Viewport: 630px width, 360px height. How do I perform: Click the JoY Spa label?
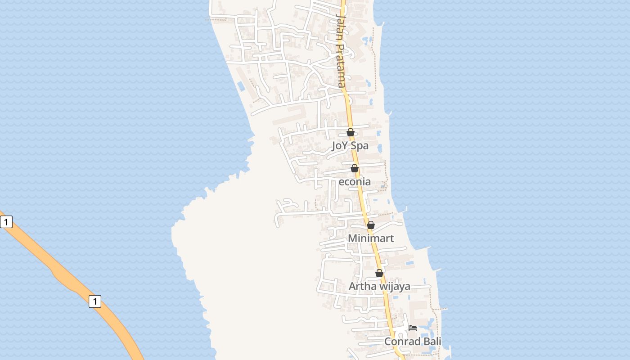[350, 145]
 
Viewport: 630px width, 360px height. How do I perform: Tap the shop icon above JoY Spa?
[351, 132]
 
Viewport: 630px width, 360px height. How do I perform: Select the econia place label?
[355, 181]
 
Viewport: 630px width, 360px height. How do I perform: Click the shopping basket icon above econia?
[355, 168]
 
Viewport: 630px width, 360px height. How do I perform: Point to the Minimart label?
[371, 238]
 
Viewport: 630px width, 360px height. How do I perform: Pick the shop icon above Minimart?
[371, 225]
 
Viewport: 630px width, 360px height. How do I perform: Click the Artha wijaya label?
[379, 286]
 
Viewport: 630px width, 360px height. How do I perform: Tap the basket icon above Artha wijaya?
[379, 273]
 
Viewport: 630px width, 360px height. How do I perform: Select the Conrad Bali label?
[413, 341]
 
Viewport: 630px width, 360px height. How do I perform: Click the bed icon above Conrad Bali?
[413, 328]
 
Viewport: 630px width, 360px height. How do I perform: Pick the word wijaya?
[394, 286]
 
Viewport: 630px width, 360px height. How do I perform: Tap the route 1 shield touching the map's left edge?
[6, 222]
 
